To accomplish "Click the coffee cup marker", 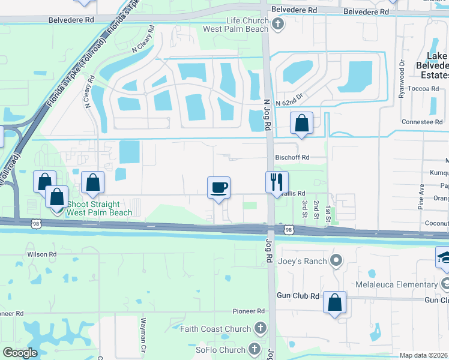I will pyautogui.click(x=218, y=188).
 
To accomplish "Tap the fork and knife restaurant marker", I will pyautogui.click(x=277, y=182).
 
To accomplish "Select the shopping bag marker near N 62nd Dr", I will pyautogui.click(x=301, y=124).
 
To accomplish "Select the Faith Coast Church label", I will pyautogui.click(x=217, y=329).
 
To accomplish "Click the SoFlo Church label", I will pyautogui.click(x=220, y=350).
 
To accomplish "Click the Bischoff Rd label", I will pyautogui.click(x=292, y=157).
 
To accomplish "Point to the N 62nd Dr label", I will pyautogui.click(x=291, y=103).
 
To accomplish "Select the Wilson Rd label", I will pyautogui.click(x=41, y=254).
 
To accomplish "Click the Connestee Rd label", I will pyautogui.click(x=422, y=122).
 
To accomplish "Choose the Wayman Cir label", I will pyautogui.click(x=143, y=344).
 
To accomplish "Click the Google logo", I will pyautogui.click(x=20, y=353).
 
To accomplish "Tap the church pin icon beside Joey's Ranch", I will pyautogui.click(x=336, y=260).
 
